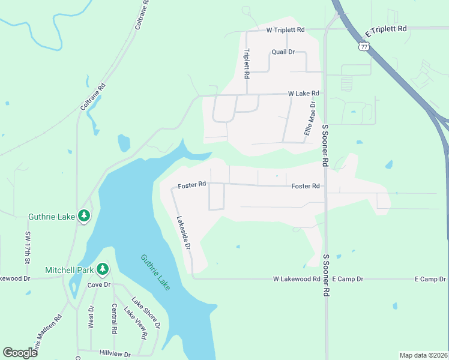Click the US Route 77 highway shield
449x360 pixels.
pyautogui.click(x=364, y=46)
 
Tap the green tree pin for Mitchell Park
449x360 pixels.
pyautogui.click(x=103, y=269)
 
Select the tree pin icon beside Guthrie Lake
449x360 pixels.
pyautogui.click(x=84, y=215)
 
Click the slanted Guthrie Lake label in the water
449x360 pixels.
pyautogui.click(x=155, y=272)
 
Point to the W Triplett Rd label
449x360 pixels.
pyautogui.click(x=286, y=29)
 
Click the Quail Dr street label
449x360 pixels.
pyautogui.click(x=283, y=52)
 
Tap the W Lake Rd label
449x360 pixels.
pyautogui.click(x=303, y=94)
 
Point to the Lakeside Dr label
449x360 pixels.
pyautogui.click(x=183, y=233)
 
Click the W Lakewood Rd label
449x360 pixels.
pyautogui.click(x=297, y=279)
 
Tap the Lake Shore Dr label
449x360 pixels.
pyautogui.click(x=146, y=313)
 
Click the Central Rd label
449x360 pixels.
pyautogui.click(x=114, y=319)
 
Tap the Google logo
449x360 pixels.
pyautogui.click(x=20, y=353)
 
